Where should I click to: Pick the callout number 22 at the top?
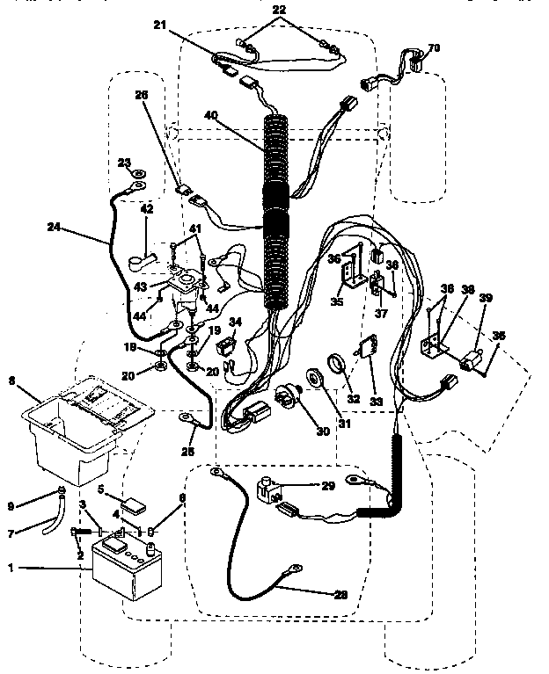(x=279, y=10)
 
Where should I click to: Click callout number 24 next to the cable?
(x=55, y=227)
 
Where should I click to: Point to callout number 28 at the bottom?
(x=340, y=595)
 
